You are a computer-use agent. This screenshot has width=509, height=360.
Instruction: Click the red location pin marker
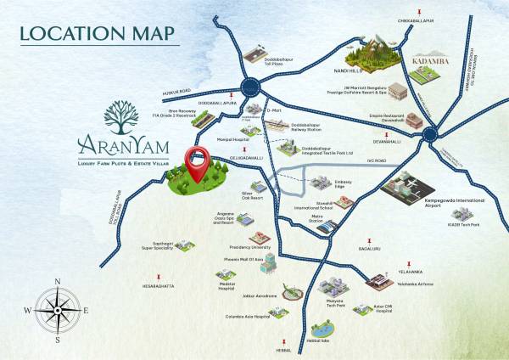click(x=199, y=164)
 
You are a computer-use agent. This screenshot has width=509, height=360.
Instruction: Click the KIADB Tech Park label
click(x=466, y=224)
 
